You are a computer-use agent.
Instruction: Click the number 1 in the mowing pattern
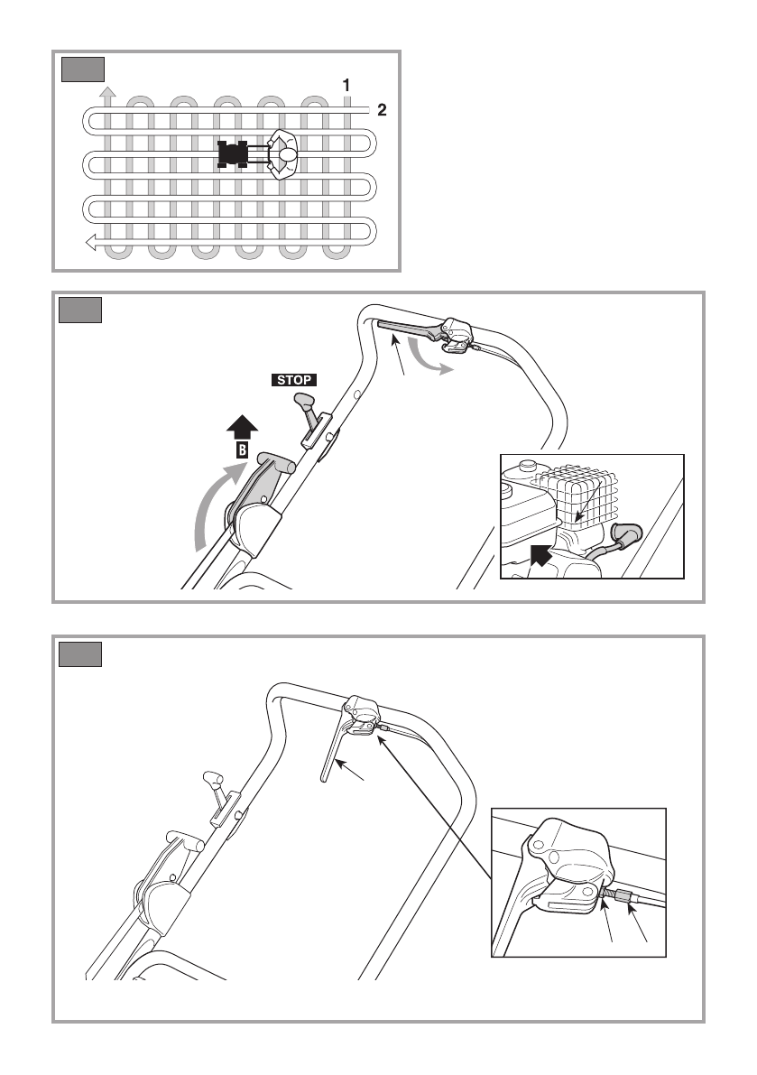click(x=346, y=85)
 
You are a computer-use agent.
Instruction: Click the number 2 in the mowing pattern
click(x=382, y=111)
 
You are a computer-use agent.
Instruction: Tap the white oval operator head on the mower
click(x=287, y=155)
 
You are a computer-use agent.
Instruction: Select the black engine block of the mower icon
click(x=234, y=154)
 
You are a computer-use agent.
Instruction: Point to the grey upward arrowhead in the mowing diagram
click(x=107, y=90)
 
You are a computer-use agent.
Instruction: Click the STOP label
click(x=291, y=380)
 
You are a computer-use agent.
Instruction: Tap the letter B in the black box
click(x=241, y=449)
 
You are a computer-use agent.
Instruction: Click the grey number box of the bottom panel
click(x=80, y=653)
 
